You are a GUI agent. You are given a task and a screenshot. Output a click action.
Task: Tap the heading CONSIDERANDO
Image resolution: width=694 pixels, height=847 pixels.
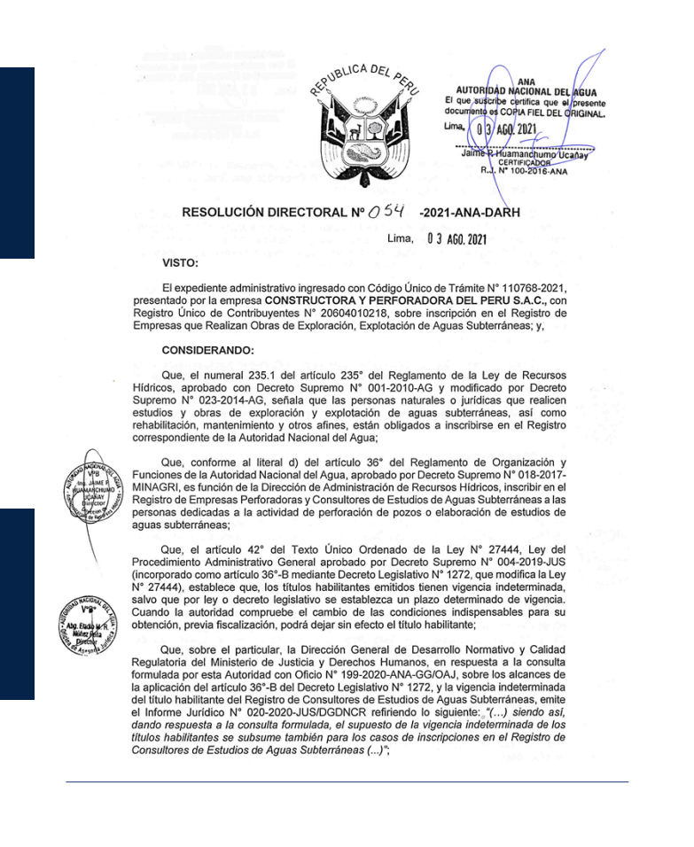(207, 350)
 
